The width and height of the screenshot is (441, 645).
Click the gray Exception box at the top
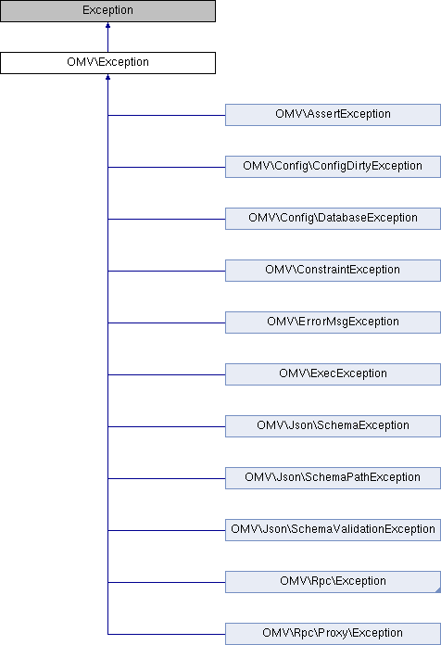[107, 11]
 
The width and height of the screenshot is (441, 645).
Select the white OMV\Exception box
[107, 63]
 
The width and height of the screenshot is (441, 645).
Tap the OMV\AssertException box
[333, 115]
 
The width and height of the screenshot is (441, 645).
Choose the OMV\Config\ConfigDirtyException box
[333, 167]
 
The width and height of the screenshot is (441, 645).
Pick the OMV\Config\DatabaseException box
[333, 219]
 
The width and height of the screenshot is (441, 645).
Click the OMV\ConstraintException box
[333, 271]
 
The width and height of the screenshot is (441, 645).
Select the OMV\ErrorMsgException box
[333, 322]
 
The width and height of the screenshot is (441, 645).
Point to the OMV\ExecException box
[333, 373]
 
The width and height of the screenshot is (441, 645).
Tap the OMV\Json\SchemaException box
[333, 425]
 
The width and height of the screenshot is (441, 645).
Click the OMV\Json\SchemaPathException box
[333, 477]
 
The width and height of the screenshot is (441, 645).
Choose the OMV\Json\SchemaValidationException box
[333, 529]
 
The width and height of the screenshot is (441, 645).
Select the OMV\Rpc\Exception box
[333, 581]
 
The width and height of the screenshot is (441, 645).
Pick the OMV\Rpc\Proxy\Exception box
[333, 634]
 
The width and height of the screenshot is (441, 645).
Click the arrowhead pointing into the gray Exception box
[107, 25]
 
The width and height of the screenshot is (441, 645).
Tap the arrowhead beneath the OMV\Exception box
[107, 77]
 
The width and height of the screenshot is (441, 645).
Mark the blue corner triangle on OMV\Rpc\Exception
[438, 590]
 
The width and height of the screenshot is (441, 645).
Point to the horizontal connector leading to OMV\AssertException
[167, 115]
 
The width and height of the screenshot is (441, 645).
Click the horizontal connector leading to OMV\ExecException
[167, 374]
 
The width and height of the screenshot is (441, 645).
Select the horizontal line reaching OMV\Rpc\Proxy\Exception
[167, 634]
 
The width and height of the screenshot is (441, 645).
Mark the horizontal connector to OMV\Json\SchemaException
[167, 426]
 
